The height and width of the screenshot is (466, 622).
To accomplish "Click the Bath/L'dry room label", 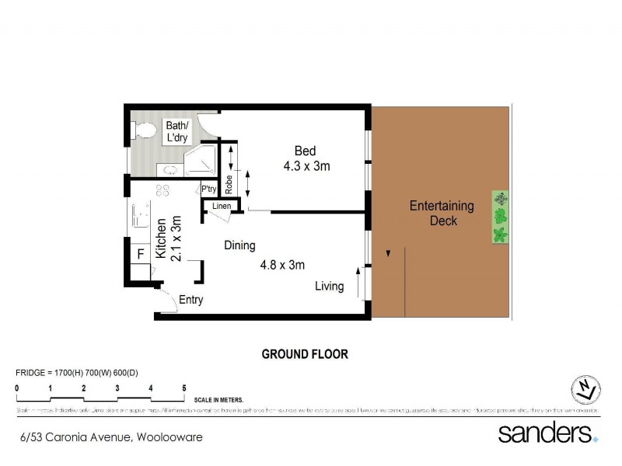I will pos(177,132).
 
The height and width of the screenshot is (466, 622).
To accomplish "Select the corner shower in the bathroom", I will pos(201,159).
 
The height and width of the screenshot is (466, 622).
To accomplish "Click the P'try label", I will pos(208,189).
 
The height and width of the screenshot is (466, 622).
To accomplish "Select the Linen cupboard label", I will pos(221,206).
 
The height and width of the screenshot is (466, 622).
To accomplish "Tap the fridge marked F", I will pos(141,253).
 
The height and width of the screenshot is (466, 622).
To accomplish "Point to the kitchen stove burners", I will pos(163,191).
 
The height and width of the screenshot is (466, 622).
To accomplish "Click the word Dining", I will pos(239,245).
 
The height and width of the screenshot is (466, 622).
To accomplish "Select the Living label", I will pos(329,286).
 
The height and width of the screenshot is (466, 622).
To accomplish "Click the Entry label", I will pos(191,300).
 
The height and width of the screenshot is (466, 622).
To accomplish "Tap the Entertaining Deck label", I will pos(441,213).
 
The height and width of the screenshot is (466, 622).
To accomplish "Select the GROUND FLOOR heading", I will pos(304,354).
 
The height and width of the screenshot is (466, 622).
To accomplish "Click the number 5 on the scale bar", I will pos(184,388).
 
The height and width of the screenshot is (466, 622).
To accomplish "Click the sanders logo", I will pos(547,433).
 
